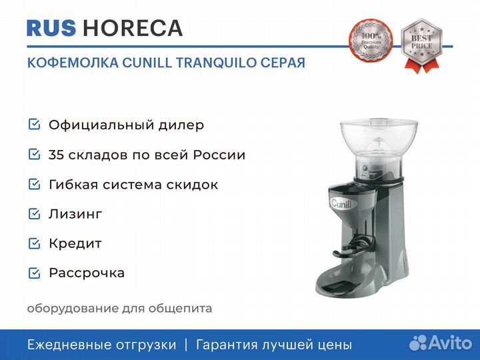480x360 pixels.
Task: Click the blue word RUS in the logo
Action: [51, 28]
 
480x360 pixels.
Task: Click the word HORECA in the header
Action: [133, 28]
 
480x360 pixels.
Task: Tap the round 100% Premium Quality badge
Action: [371, 41]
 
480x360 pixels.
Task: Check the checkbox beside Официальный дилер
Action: [34, 124]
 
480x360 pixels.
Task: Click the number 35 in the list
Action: [56, 155]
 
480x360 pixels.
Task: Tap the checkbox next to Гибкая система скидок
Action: [34, 184]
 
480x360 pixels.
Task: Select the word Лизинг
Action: [75, 214]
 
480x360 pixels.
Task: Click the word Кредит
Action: [75, 244]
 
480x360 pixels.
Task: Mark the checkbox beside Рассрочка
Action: [34, 273]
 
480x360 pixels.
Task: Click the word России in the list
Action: [219, 155]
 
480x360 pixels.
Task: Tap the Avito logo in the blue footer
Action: [441, 343]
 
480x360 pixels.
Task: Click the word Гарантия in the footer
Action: [227, 345]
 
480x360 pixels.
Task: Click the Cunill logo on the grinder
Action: [341, 203]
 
